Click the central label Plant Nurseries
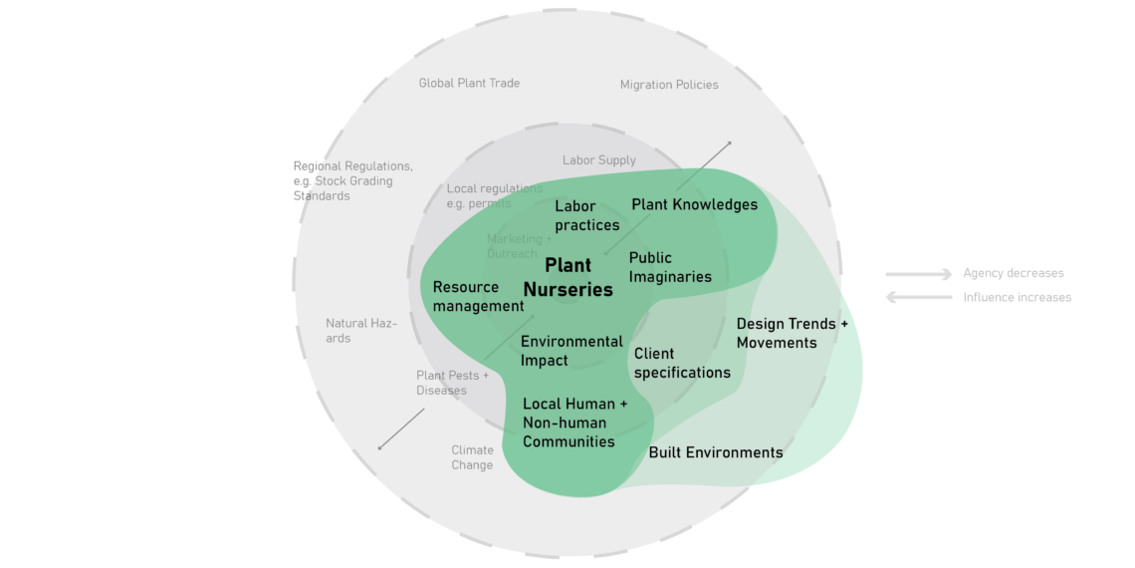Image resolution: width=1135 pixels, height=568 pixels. click(578, 278)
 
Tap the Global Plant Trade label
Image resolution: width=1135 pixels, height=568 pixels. click(469, 83)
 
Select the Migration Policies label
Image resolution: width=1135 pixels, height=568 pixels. click(669, 85)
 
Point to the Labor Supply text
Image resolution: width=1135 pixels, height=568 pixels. click(598, 159)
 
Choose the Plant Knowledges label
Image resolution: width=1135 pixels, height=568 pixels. click(694, 204)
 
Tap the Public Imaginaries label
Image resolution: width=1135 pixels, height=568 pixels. click(670, 267)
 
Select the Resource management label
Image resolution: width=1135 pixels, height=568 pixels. click(478, 296)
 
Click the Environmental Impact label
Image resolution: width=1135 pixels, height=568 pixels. click(571, 351)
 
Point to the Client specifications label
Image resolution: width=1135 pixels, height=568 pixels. click(682, 363)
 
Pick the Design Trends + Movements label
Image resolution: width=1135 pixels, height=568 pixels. click(793, 333)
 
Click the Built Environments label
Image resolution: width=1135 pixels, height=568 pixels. click(716, 452)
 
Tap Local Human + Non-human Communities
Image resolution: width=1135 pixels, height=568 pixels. click(575, 423)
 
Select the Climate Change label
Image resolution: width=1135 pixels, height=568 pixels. click(472, 457)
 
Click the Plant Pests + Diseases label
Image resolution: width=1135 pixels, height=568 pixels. click(452, 383)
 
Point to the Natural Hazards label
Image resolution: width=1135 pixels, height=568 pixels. click(361, 331)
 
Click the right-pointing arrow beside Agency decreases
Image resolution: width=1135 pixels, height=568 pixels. click(918, 274)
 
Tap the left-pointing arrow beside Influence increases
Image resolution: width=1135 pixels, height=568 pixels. click(918, 297)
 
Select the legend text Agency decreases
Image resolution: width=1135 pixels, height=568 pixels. click(1013, 273)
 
